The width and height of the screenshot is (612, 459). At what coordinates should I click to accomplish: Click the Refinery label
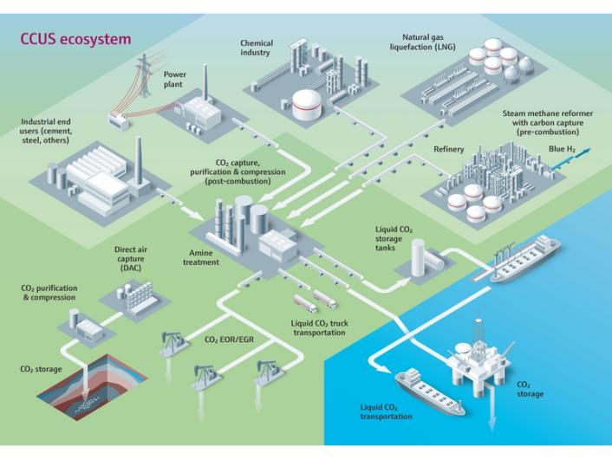[x=448, y=149]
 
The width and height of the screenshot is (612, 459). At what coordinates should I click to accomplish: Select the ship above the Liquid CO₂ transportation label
[x=426, y=387]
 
